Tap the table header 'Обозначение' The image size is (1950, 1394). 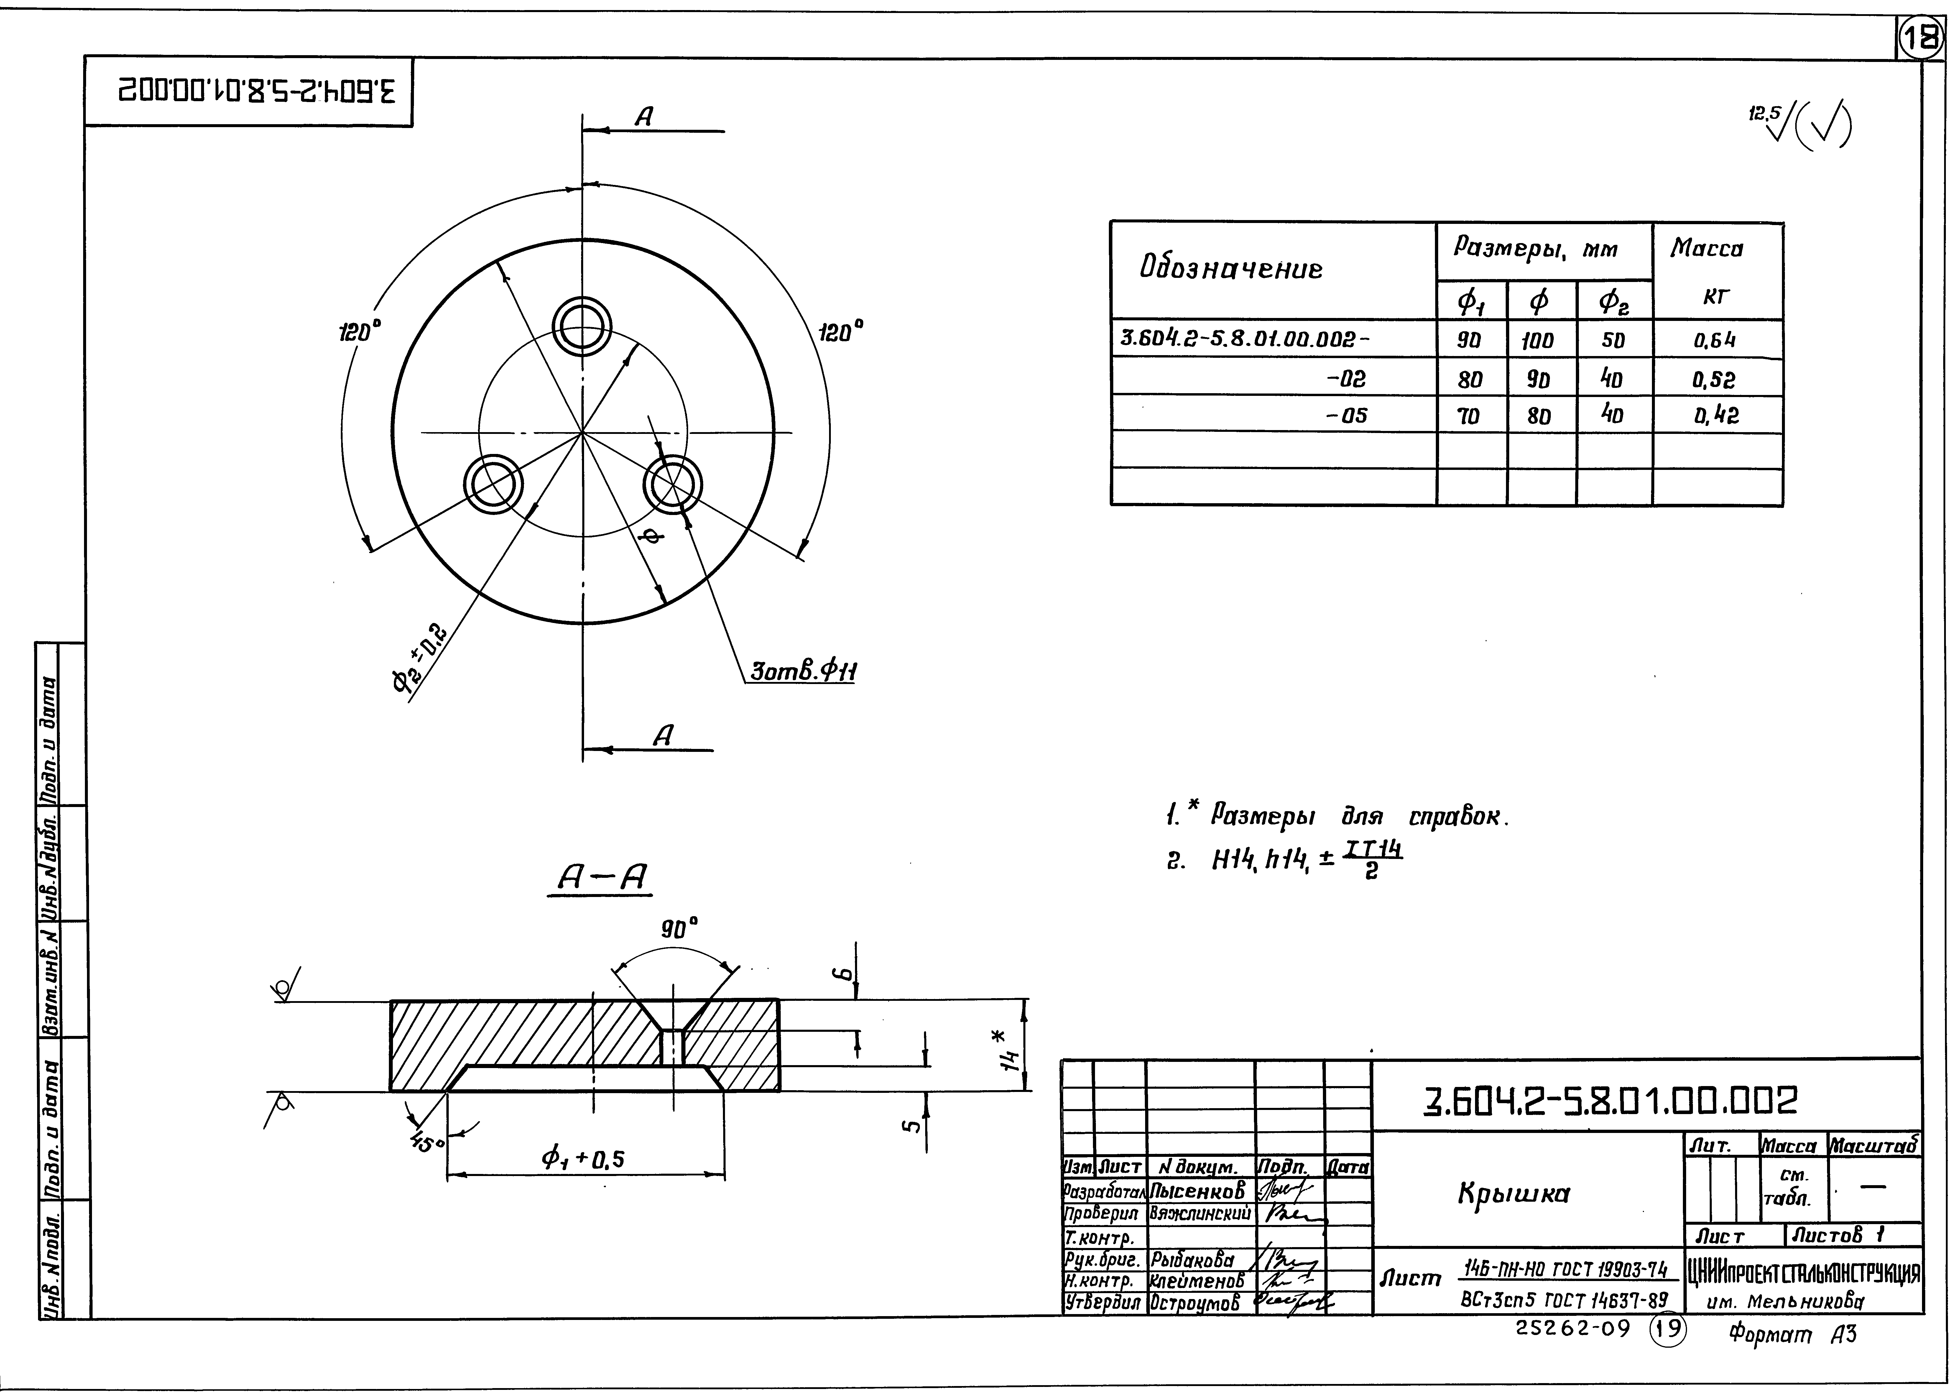tap(1230, 270)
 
